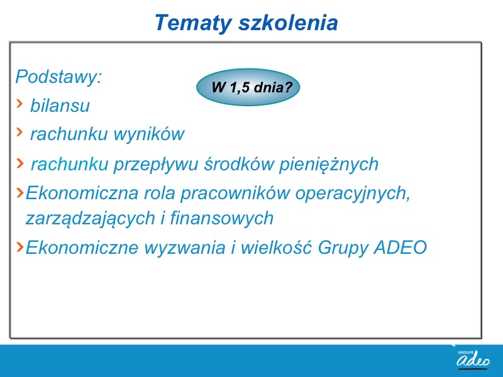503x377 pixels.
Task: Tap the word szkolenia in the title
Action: pos(288,23)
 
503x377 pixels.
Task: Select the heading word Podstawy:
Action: pos(58,77)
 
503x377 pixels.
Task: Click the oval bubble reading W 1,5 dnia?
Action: pos(248,87)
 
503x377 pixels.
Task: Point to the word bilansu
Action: pos(60,106)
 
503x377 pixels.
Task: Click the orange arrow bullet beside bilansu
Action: pos(19,104)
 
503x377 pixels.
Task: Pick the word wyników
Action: pos(149,134)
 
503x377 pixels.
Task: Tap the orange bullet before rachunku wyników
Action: pos(19,131)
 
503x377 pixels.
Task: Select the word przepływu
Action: pos(156,165)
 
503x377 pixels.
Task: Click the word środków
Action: pos(239,163)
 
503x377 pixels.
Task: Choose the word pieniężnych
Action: pos(329,165)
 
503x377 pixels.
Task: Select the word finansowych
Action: pos(222,218)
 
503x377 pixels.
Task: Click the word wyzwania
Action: pos(185,248)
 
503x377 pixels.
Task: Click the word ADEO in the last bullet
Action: pos(401,248)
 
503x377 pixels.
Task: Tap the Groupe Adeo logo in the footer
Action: pos(473,358)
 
